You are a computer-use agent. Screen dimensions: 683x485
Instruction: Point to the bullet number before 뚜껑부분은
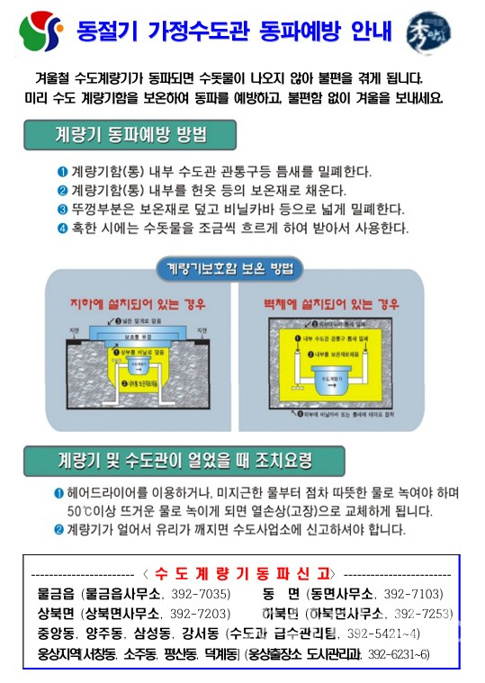(62, 209)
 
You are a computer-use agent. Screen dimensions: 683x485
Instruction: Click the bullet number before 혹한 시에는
(62, 228)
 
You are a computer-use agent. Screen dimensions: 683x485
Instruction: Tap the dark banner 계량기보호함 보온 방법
(229, 267)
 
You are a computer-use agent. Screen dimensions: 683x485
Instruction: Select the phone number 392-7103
(413, 594)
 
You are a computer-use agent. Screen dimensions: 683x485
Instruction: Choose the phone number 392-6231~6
(397, 652)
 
